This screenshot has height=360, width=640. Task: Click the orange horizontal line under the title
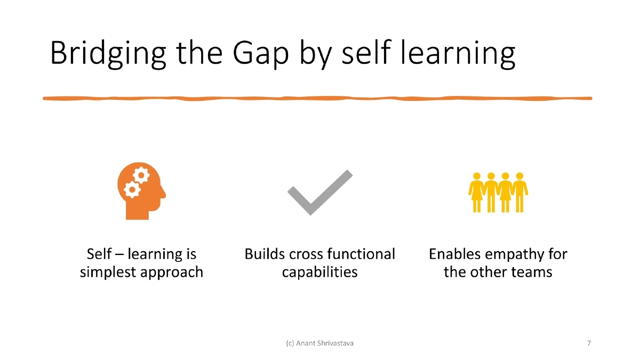(317, 98)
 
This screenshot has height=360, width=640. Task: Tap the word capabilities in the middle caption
(319, 272)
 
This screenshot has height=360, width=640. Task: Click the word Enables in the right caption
(454, 254)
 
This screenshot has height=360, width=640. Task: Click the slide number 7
(589, 343)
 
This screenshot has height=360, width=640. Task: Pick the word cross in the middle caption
(306, 254)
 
